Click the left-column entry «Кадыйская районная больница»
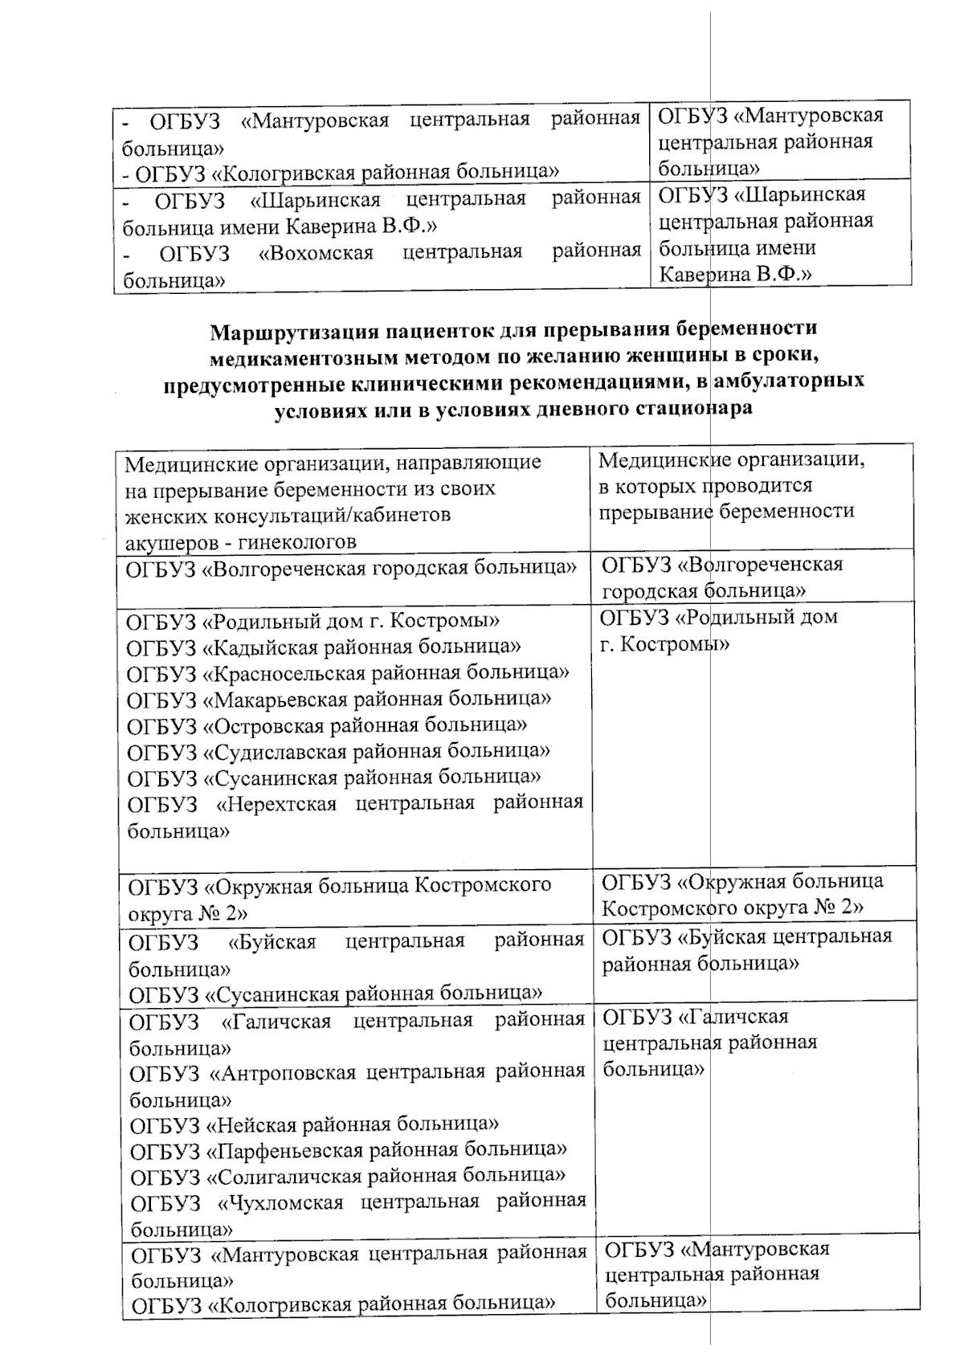click(x=324, y=647)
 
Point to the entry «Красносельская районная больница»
click(x=348, y=673)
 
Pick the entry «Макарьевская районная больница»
click(x=339, y=699)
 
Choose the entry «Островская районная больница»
click(x=327, y=725)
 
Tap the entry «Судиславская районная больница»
click(x=338, y=752)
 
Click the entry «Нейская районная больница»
click(x=314, y=1124)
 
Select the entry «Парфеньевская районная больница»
click(x=348, y=1149)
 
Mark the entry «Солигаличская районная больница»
click(x=347, y=1176)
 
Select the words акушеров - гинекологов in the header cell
click(x=241, y=542)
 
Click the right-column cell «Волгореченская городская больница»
click(x=721, y=577)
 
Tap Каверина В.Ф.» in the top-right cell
click(x=735, y=274)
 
